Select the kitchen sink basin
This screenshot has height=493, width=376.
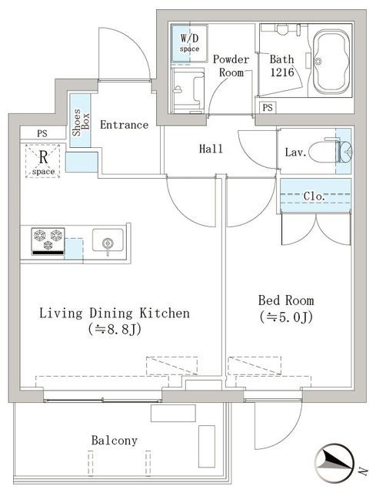point(108,243)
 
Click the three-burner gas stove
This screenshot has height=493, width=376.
point(48,241)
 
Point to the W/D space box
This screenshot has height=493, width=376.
point(189,42)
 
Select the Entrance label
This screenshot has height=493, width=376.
point(124,125)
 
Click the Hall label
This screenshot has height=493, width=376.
point(211,149)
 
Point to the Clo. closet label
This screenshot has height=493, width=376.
point(314,196)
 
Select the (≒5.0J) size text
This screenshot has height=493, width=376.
point(288,317)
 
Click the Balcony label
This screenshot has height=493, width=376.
point(114,441)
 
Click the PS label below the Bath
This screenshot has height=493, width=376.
point(268,107)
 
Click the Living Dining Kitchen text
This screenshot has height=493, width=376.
point(114,314)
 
